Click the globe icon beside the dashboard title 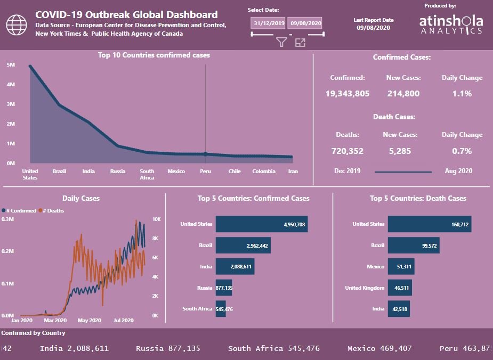click(x=17, y=25)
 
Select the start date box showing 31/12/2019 click(x=268, y=23)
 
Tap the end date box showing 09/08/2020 click(x=305, y=23)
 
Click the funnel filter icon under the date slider click(x=282, y=42)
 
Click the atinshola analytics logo click(x=451, y=24)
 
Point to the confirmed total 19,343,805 click(x=347, y=94)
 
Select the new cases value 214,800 click(x=403, y=94)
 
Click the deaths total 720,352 click(x=347, y=151)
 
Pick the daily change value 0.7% click(x=462, y=151)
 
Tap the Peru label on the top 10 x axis click(x=206, y=171)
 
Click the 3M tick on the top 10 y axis click(x=11, y=104)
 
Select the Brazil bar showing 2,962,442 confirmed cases click(x=243, y=246)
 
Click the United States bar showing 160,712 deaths click(x=430, y=224)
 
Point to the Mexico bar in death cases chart click(x=401, y=266)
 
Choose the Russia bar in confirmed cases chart click(x=224, y=288)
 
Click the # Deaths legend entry click(x=51, y=210)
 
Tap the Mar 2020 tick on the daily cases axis click(x=55, y=321)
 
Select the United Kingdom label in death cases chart click(x=365, y=288)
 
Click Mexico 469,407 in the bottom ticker click(x=379, y=348)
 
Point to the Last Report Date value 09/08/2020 click(x=374, y=28)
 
